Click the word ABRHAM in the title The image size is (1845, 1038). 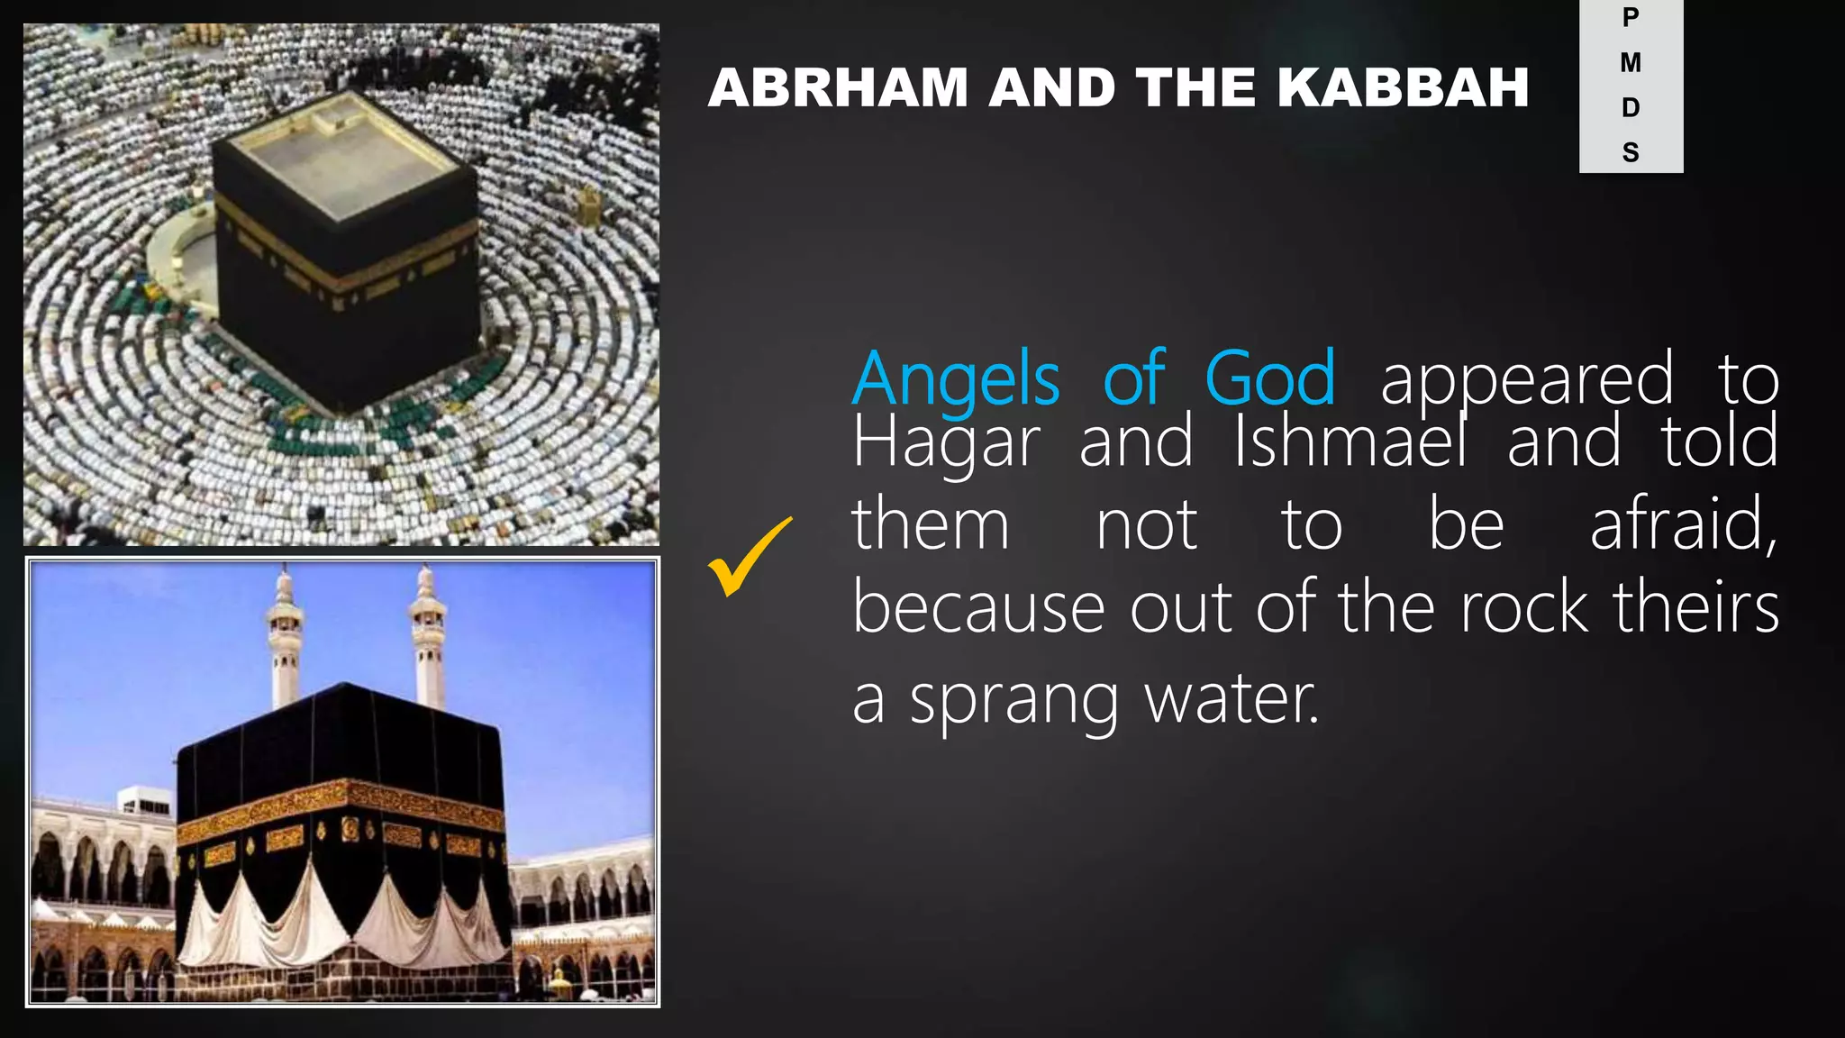836,87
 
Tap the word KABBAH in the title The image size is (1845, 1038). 1403,87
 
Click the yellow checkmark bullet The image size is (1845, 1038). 749,558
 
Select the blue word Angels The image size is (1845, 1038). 956,379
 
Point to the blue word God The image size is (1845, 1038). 1269,379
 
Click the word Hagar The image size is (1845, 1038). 946,442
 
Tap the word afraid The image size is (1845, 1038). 1683,524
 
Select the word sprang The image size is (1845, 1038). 1013,701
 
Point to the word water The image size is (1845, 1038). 1231,699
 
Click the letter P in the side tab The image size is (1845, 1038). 1631,17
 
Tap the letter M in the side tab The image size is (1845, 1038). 1631,62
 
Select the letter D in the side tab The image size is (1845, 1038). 1631,108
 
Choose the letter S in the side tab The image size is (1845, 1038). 1631,152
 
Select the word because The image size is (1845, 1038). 978,608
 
